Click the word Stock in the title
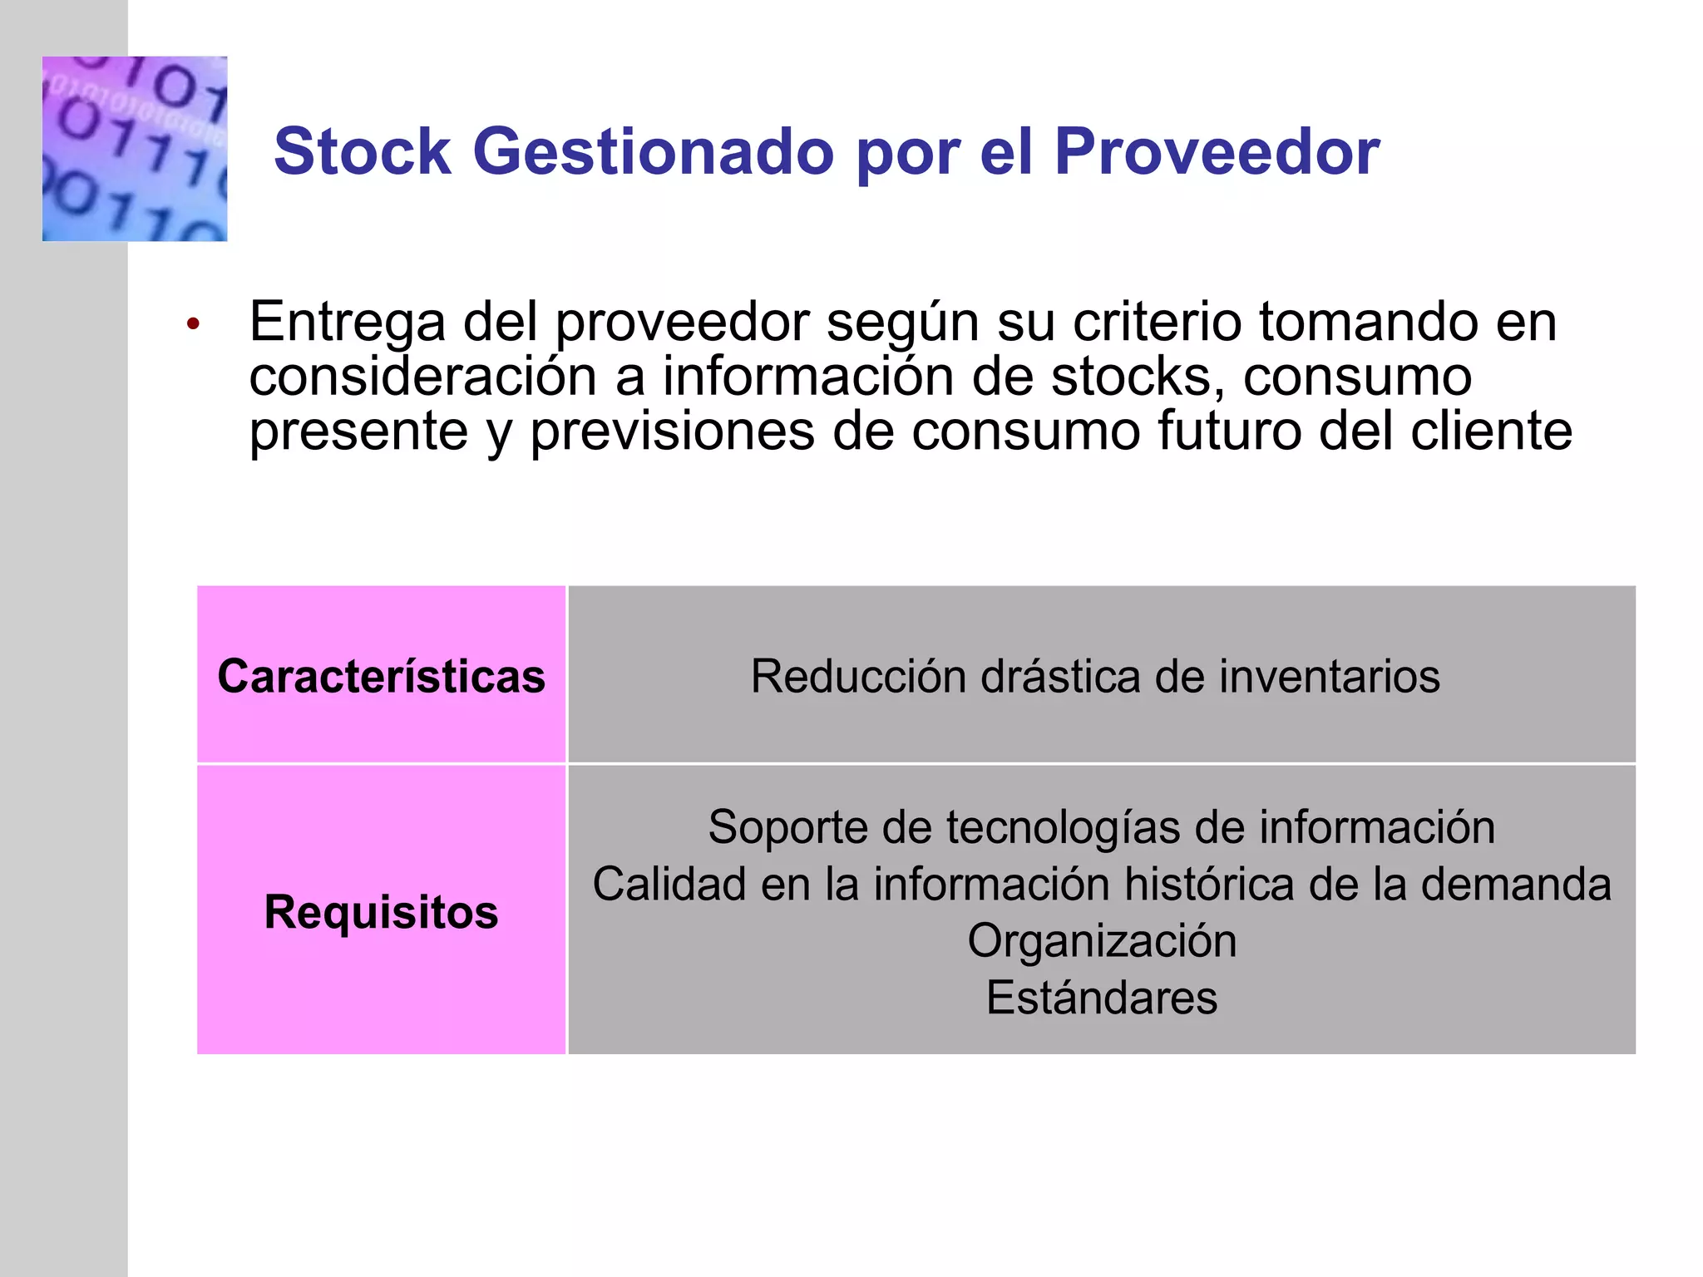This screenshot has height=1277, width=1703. (x=363, y=152)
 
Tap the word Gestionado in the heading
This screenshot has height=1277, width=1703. (x=653, y=152)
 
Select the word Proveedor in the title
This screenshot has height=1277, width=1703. (x=1217, y=152)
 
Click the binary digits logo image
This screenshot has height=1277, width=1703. (x=135, y=149)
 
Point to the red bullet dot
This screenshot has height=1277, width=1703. (x=193, y=324)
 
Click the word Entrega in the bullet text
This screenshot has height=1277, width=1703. (x=347, y=323)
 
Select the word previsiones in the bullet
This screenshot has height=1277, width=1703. (x=672, y=431)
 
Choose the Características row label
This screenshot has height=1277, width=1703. (x=381, y=676)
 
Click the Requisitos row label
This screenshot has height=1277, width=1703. (x=381, y=912)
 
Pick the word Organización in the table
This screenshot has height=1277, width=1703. (x=1102, y=941)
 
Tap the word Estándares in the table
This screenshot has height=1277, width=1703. (x=1102, y=998)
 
